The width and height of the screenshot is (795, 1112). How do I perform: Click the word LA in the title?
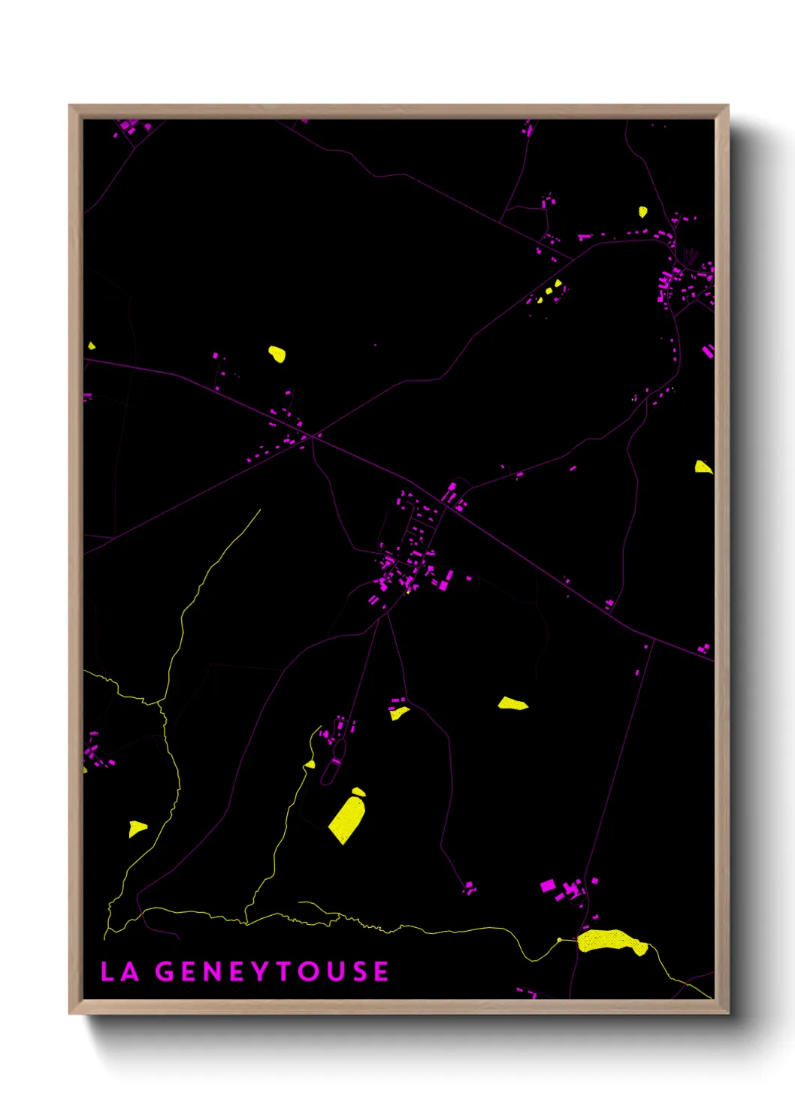coord(119,971)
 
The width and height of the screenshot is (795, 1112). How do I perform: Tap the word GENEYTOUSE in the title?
coord(272,971)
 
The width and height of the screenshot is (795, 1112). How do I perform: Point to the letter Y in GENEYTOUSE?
coord(260,971)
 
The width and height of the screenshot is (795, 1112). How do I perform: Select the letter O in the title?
coord(307,971)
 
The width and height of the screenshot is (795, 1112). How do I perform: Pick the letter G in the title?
coord(165,971)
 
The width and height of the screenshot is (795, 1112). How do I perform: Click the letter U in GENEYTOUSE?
coord(334,971)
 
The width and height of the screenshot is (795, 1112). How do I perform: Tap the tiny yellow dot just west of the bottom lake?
coord(559,939)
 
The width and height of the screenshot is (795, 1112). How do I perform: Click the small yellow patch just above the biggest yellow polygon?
coord(358,791)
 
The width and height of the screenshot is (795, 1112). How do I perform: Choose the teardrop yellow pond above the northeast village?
coord(642,213)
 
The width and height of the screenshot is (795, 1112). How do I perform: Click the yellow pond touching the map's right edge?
coord(703,467)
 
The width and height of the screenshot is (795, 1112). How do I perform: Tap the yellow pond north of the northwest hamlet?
coord(277,353)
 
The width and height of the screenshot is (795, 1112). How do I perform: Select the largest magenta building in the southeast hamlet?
coord(548,886)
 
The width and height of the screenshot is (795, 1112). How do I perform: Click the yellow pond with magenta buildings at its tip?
coord(399,712)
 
